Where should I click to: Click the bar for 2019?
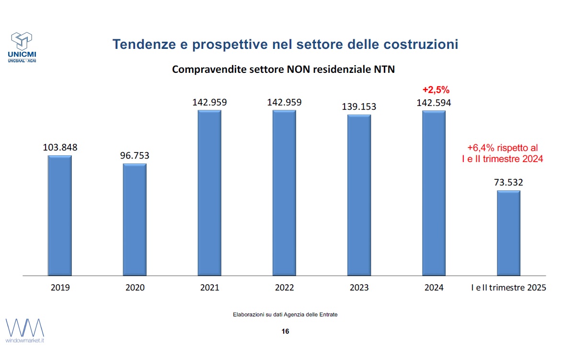click(60, 216)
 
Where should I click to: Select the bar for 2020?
click(135, 220)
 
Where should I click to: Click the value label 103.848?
click(60, 147)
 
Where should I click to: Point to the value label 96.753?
click(135, 156)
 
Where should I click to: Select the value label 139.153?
click(359, 106)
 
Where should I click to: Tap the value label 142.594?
click(434, 103)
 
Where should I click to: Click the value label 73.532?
click(508, 182)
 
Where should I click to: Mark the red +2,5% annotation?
click(436, 90)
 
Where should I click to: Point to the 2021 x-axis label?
click(210, 288)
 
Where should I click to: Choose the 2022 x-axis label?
click(285, 288)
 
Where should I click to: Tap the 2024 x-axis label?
click(434, 288)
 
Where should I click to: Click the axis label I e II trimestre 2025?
click(508, 288)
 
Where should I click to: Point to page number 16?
click(285, 331)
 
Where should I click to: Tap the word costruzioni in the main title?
click(421, 44)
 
